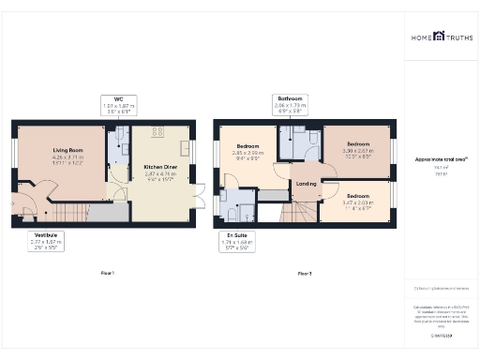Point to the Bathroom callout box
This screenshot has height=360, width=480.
click(x=289, y=104)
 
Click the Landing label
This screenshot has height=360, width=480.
click(x=306, y=183)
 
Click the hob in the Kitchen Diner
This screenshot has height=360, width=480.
click(x=157, y=132)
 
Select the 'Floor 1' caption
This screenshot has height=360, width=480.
click(x=107, y=273)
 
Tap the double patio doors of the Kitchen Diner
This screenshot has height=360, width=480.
click(x=197, y=198)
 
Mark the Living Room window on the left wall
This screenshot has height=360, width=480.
click(x=13, y=154)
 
